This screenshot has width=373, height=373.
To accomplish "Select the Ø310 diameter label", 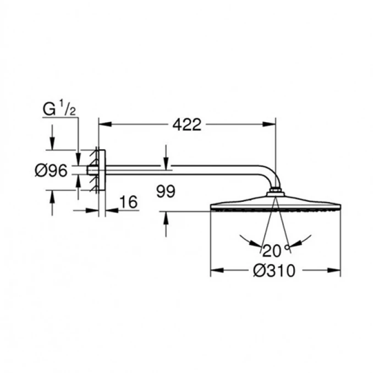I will [276, 271].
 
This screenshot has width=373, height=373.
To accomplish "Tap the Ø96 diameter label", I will [51, 171].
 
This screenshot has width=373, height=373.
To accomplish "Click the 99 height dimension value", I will [165, 191].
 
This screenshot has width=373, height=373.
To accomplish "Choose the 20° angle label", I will [275, 251].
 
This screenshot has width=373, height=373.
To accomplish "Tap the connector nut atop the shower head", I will [276, 193].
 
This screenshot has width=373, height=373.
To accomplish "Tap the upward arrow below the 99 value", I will [166, 217].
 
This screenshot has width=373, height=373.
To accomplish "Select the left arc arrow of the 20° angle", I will [246, 242].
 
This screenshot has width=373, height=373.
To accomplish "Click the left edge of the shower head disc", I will [212, 207].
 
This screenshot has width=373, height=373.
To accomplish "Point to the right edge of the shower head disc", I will [340, 207].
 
